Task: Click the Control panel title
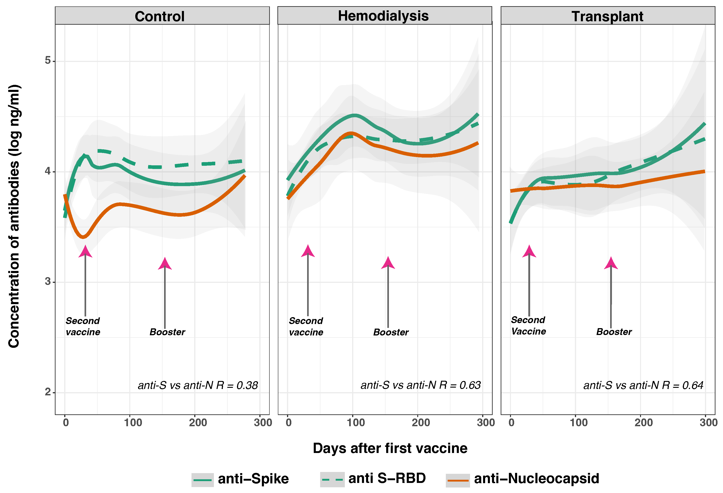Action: pos(159,16)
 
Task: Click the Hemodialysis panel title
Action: pos(383,16)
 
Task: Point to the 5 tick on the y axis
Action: pos(48,60)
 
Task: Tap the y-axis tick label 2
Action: pos(48,392)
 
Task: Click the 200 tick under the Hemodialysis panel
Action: pos(421,422)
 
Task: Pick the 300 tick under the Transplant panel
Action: pos(708,422)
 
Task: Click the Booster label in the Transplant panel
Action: pos(614,332)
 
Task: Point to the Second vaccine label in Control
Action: pos(83,326)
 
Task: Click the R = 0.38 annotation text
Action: pos(198,385)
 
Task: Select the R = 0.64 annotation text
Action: pos(643,385)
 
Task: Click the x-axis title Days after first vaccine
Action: pos(390,448)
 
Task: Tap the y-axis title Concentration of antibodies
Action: pos(14,216)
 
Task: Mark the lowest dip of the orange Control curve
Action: pos(83,237)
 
